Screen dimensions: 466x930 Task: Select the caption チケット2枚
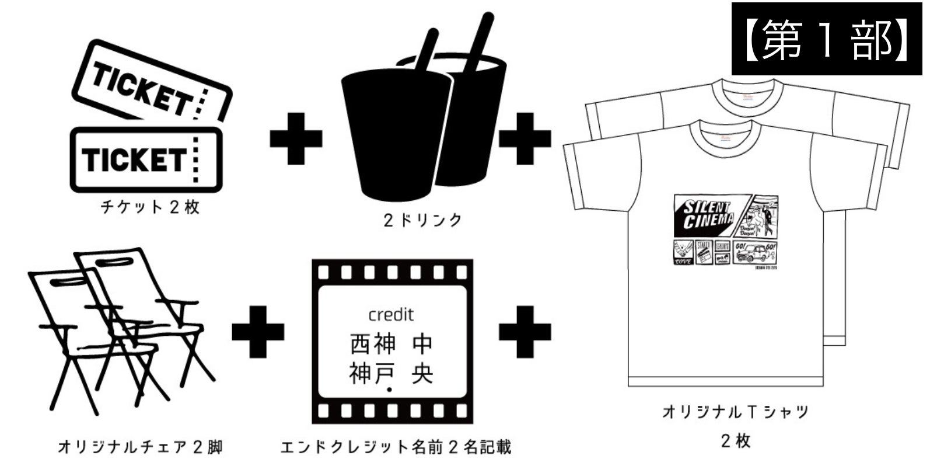point(150,207)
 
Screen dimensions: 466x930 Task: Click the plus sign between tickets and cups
point(296,138)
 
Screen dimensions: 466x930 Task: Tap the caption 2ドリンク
point(422,220)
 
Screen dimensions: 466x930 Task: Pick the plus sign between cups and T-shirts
point(525,138)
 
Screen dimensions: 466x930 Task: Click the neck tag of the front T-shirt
point(725,138)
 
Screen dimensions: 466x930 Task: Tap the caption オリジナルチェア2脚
point(140,448)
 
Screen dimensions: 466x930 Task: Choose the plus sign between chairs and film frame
point(258,331)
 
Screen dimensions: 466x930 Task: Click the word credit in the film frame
point(391,315)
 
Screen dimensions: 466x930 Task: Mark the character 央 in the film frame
point(422,374)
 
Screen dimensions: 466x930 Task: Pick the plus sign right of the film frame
point(525,331)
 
